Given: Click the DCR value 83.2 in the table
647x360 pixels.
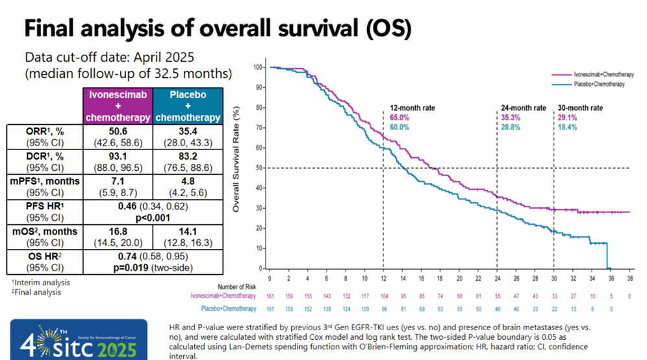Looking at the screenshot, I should click(188, 156).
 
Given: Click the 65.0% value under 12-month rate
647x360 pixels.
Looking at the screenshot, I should click(400, 117).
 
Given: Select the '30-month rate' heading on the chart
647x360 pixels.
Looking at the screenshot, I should click(580, 107).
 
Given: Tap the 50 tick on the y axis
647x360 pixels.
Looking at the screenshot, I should click(258, 168).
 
